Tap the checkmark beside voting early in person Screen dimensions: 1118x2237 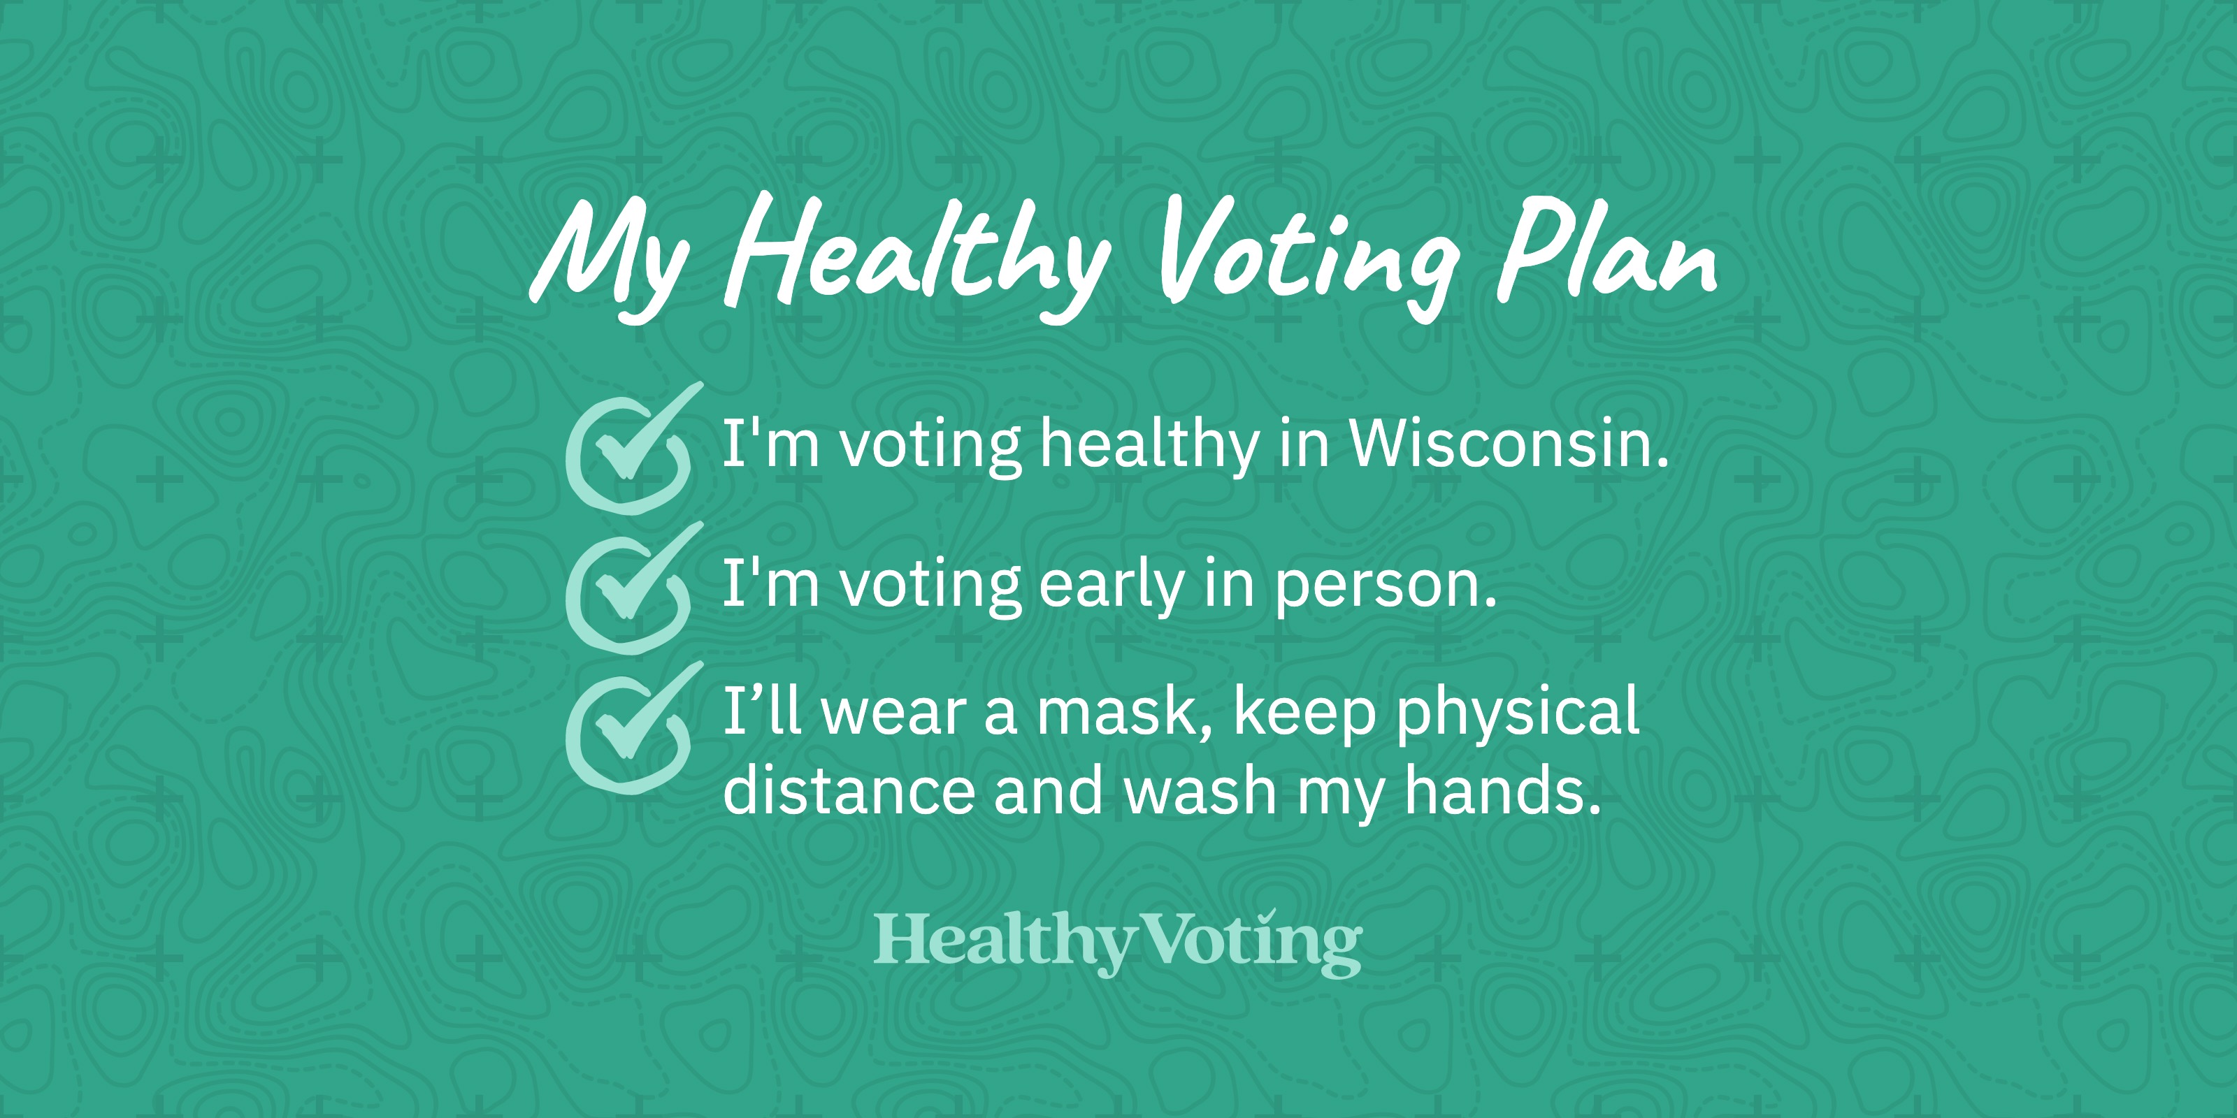coord(630,588)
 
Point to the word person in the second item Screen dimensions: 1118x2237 coord(1385,588)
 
